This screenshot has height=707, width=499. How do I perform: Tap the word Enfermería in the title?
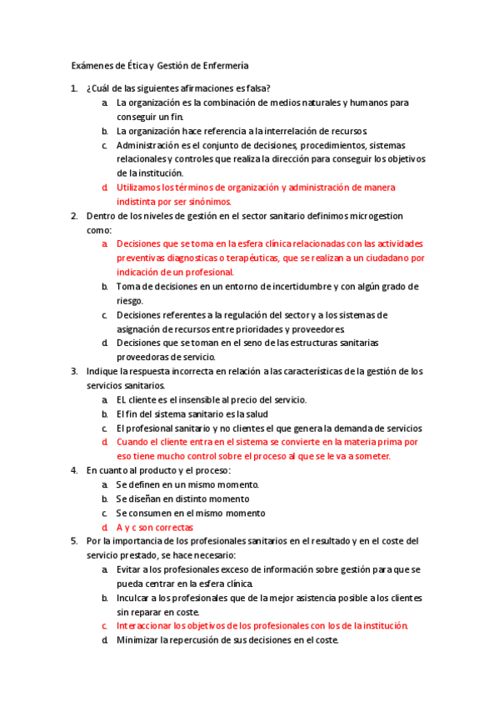(222, 66)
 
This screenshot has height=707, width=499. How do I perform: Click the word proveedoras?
(142, 357)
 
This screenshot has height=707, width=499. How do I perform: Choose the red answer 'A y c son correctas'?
(155, 527)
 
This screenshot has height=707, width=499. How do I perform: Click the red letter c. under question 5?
(105, 625)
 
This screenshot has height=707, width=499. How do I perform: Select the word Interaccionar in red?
(147, 625)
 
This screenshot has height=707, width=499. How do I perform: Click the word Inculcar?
(135, 598)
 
